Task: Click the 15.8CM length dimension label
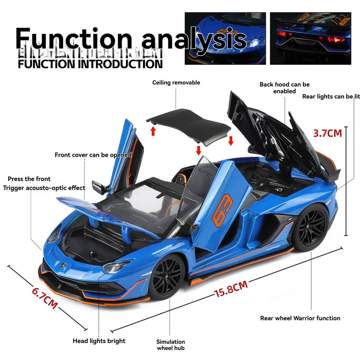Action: pos(231,289)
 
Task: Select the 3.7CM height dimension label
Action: pos(328,133)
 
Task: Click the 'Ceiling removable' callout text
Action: pos(176,82)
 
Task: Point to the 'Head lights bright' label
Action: pos(99,341)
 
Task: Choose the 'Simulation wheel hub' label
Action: pos(171,345)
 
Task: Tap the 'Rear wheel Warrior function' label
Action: pos(300,318)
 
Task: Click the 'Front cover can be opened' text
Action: pos(93,155)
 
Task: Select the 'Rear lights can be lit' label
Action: pos(331,96)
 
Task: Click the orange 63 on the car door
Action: pos(222,210)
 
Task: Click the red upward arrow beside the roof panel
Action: pos(153,130)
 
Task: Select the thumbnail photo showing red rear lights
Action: pos(310,38)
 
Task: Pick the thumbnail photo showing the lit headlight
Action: pos(225,38)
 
